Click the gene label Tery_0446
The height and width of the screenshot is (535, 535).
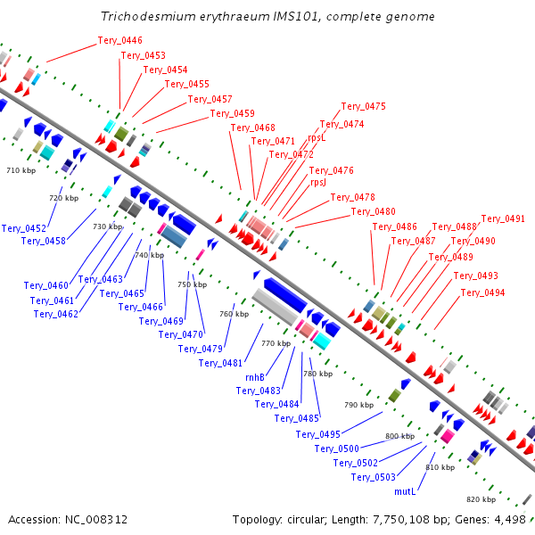[119, 40]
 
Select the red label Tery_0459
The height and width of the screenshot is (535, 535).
[232, 113]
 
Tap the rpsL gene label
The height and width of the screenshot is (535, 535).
[317, 137]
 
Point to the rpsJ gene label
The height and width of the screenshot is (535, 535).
[318, 182]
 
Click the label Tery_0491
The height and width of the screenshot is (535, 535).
[503, 218]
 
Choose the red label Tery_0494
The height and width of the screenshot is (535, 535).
[482, 292]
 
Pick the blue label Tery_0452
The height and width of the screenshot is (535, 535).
[23, 228]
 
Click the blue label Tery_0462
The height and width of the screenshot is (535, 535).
[56, 314]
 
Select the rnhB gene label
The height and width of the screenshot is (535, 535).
[256, 377]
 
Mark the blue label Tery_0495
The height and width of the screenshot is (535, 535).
[318, 435]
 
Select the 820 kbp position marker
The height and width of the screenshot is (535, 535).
[481, 499]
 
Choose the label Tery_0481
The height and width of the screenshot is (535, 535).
[220, 363]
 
